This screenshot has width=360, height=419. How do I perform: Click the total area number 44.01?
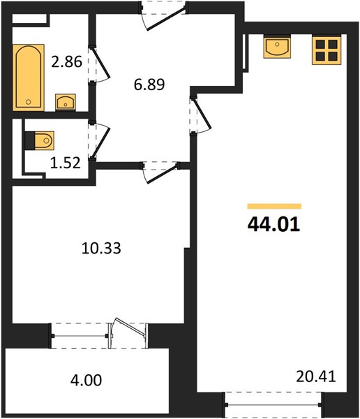point(274,224)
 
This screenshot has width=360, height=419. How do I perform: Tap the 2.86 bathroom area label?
point(66,61)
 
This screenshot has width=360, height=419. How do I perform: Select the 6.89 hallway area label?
point(149,84)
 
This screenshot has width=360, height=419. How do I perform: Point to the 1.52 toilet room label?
point(66,163)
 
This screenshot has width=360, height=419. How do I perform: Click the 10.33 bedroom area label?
point(101,248)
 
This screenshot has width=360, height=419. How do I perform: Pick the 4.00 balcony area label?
point(86,381)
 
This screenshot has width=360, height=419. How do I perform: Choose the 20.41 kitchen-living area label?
point(316,377)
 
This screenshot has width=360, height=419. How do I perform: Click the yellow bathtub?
point(29,78)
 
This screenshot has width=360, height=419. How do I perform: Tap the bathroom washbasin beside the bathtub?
point(66,102)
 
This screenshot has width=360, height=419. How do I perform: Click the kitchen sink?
point(277,47)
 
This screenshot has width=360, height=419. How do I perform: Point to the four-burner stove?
point(327,50)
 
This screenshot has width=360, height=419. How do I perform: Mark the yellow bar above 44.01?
point(274,206)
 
